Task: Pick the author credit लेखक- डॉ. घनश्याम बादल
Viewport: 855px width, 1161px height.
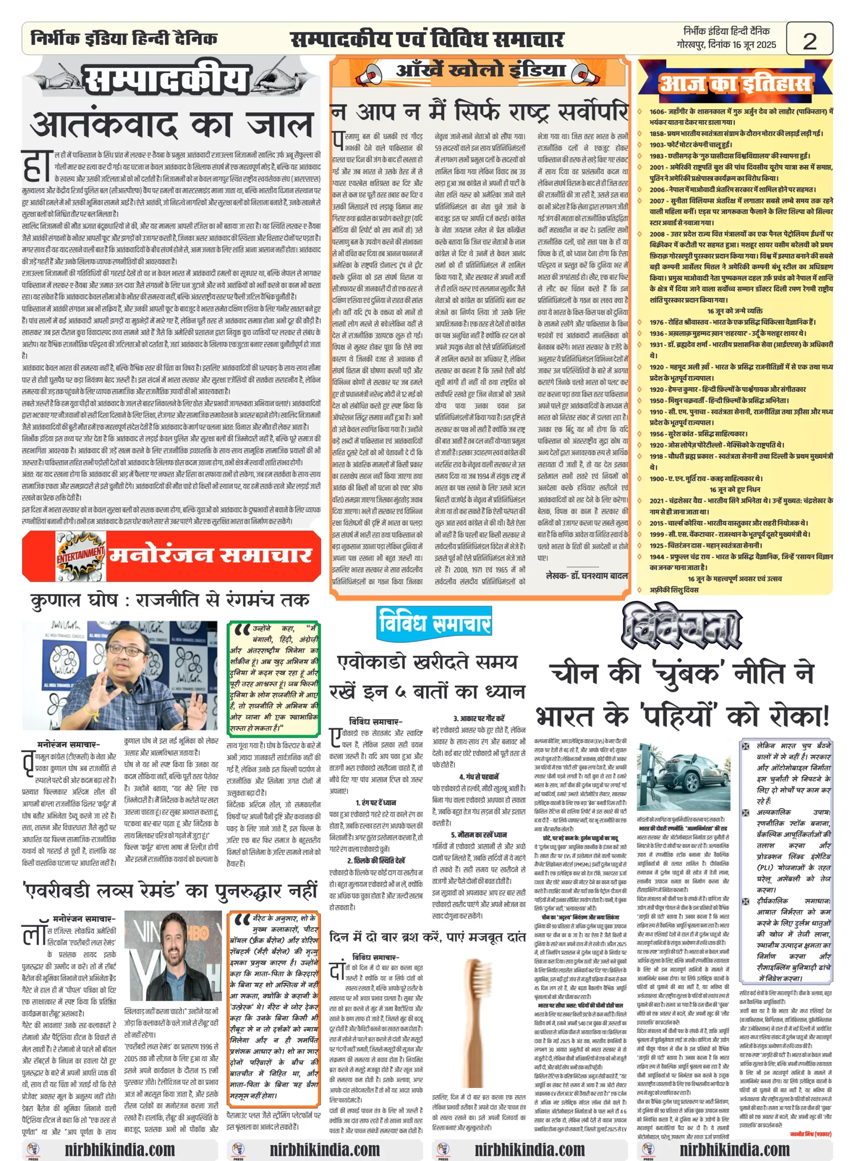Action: (586, 576)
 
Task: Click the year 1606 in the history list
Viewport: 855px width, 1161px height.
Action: (658, 111)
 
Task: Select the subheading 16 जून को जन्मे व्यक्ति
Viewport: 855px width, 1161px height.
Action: (734, 311)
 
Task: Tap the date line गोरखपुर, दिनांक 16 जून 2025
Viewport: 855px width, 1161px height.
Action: (726, 45)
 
